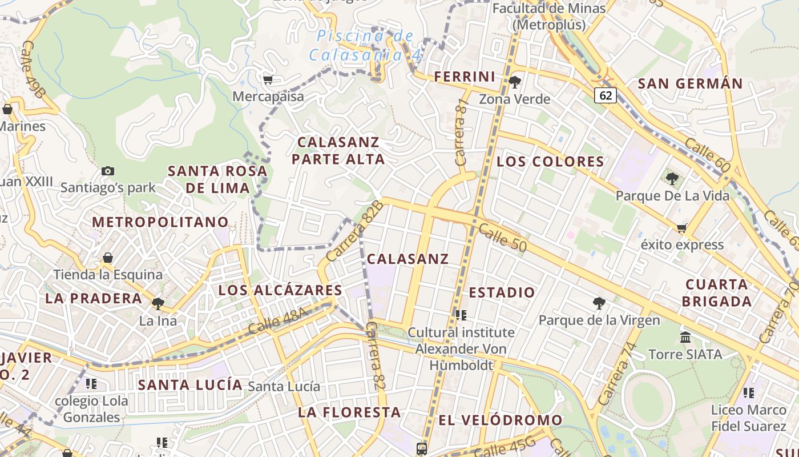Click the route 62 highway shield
pos(606,95)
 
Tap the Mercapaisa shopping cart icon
pos(268,79)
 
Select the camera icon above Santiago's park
pos(107,171)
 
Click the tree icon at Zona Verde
pos(514,82)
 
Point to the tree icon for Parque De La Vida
pos(672,179)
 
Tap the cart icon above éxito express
pos(681,228)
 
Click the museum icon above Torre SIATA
pos(685,337)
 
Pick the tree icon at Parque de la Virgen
pos(599,303)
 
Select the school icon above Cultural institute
pos(461,315)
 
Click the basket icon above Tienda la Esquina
pos(108,258)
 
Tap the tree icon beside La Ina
pos(158,303)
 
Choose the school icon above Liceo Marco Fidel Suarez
pos(749,393)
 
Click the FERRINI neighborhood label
pos(465,77)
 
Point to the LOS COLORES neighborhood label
pos(550,162)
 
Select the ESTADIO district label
pos(502,292)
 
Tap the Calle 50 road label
pos(502,236)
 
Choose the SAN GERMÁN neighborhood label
pos(690,84)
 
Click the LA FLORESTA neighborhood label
pos(349,412)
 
